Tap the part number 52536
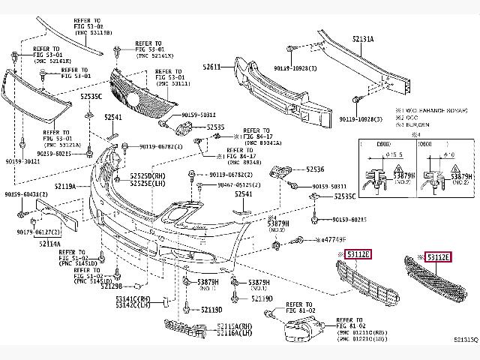(x=315, y=169)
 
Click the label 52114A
(x=49, y=243)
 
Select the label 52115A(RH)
(x=235, y=326)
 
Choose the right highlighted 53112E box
(x=438, y=258)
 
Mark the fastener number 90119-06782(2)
(x=161, y=147)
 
